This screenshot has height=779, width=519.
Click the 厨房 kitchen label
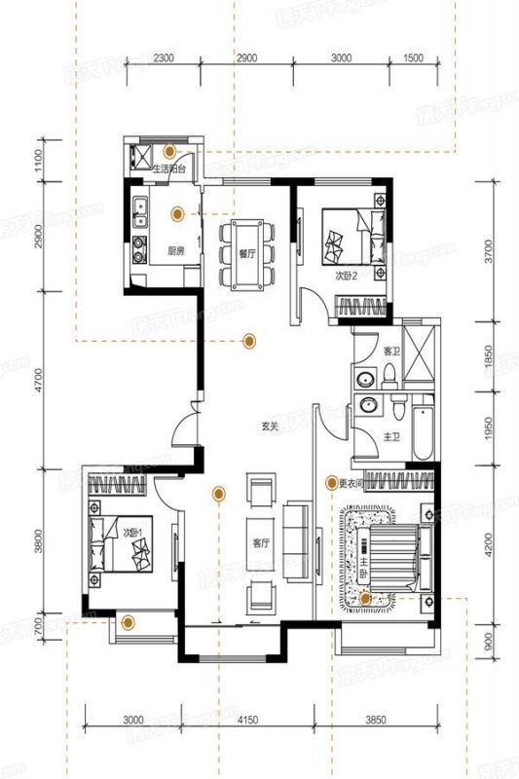click(176, 250)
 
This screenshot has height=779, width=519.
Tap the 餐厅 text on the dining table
click(246, 252)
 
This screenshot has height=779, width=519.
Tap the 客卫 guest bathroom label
click(391, 351)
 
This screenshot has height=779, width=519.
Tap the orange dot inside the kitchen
click(177, 213)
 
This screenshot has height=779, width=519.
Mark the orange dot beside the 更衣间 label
click(332, 482)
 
